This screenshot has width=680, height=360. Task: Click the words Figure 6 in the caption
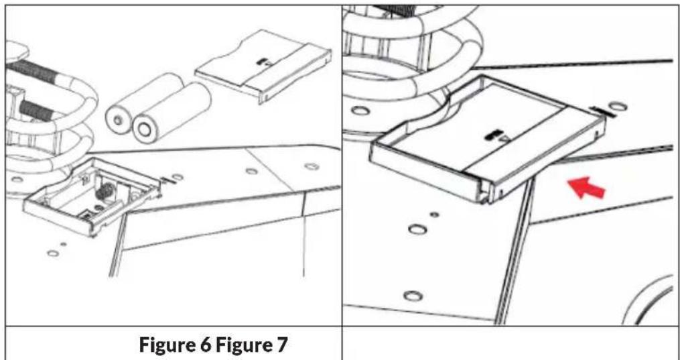pyautogui.click(x=176, y=345)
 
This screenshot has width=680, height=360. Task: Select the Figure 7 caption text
pyautogui.click(x=251, y=345)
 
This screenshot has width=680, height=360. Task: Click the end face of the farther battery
pyautogui.click(x=117, y=120)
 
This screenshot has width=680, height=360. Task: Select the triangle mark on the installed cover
pyautogui.click(x=504, y=139)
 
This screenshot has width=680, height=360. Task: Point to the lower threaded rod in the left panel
pyautogui.click(x=36, y=110)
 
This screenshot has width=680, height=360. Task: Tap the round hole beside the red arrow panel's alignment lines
pyautogui.click(x=618, y=106)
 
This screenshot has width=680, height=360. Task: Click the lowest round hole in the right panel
pyautogui.click(x=413, y=296)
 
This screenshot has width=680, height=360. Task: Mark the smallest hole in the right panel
pyautogui.click(x=433, y=215)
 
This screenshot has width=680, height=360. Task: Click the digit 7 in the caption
pyautogui.click(x=282, y=345)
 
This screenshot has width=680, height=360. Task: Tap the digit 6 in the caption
pyautogui.click(x=206, y=345)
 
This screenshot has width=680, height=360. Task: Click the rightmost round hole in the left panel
pyautogui.click(x=312, y=166)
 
